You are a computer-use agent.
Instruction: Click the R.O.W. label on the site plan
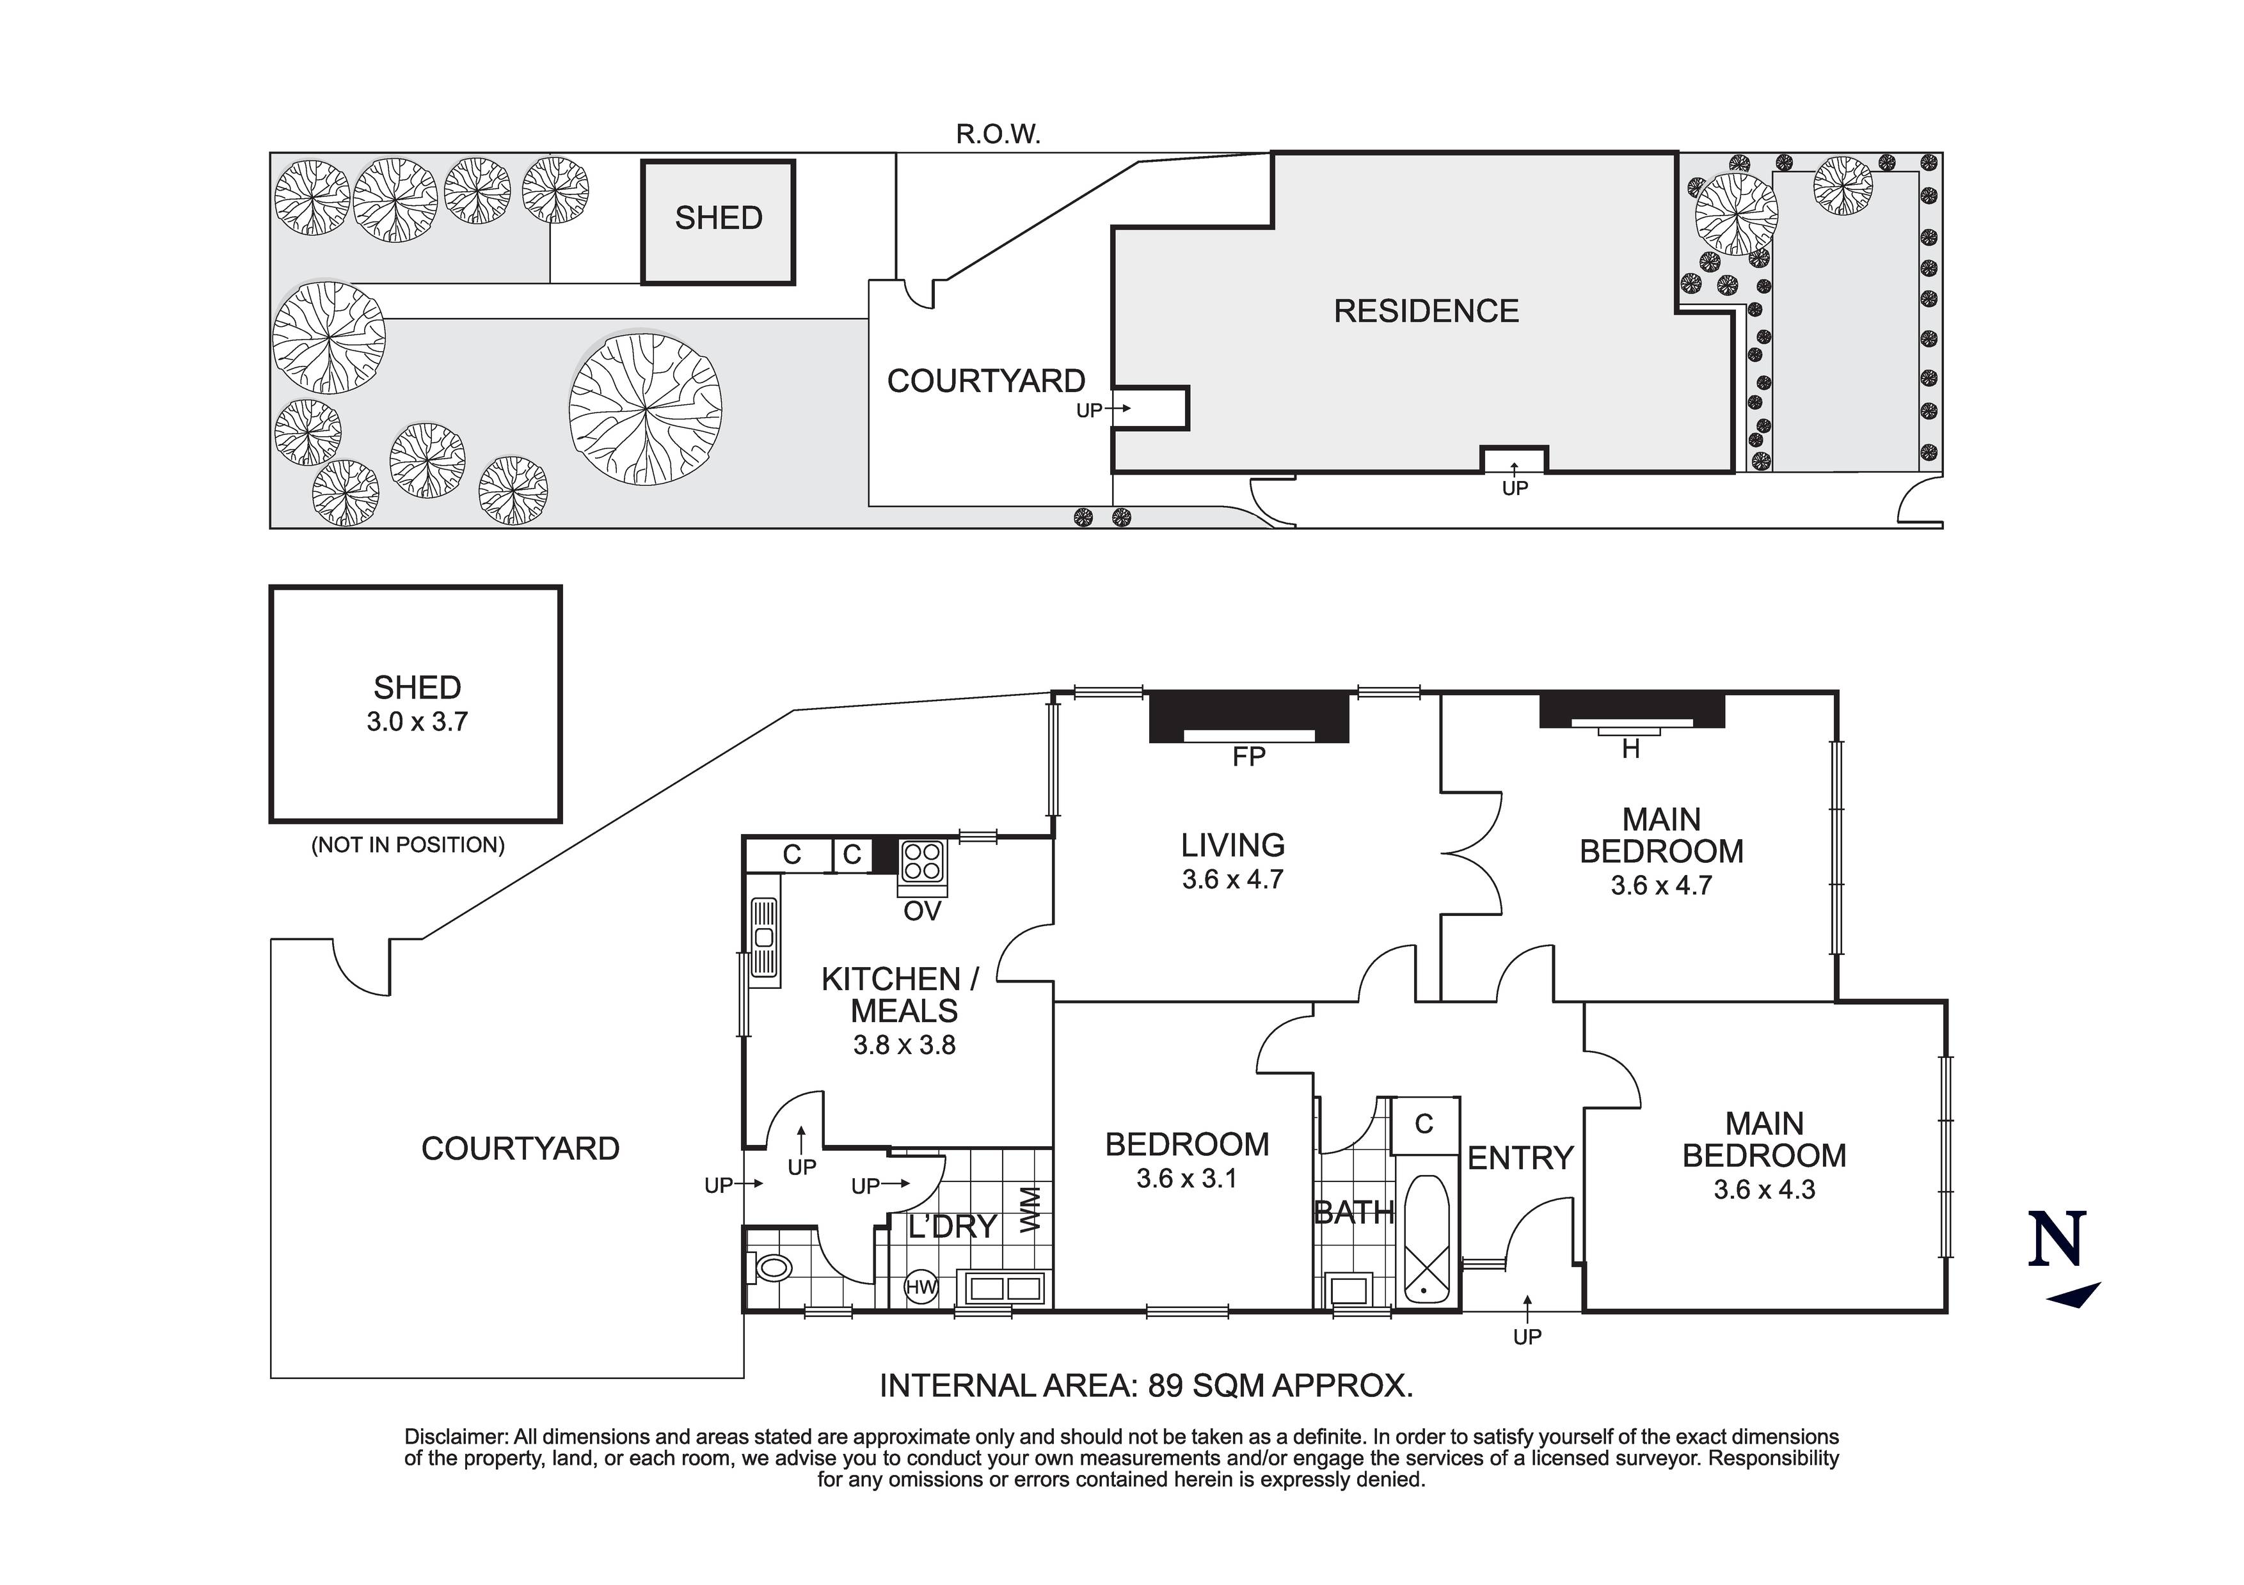point(997,135)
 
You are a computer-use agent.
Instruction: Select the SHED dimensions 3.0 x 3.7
point(417,722)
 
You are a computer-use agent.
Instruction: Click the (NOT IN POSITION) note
point(408,845)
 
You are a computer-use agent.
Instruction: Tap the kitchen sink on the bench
point(764,938)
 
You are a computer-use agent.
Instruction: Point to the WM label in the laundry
point(1031,1209)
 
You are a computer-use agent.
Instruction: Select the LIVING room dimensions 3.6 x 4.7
point(1232,879)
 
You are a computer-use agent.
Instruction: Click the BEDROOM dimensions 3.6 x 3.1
point(1186,1178)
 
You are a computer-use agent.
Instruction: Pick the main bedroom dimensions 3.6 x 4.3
point(1763,1190)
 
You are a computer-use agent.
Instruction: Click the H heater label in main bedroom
point(1630,750)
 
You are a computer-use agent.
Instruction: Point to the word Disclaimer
point(456,1437)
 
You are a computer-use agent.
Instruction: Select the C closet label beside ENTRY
point(1424,1124)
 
